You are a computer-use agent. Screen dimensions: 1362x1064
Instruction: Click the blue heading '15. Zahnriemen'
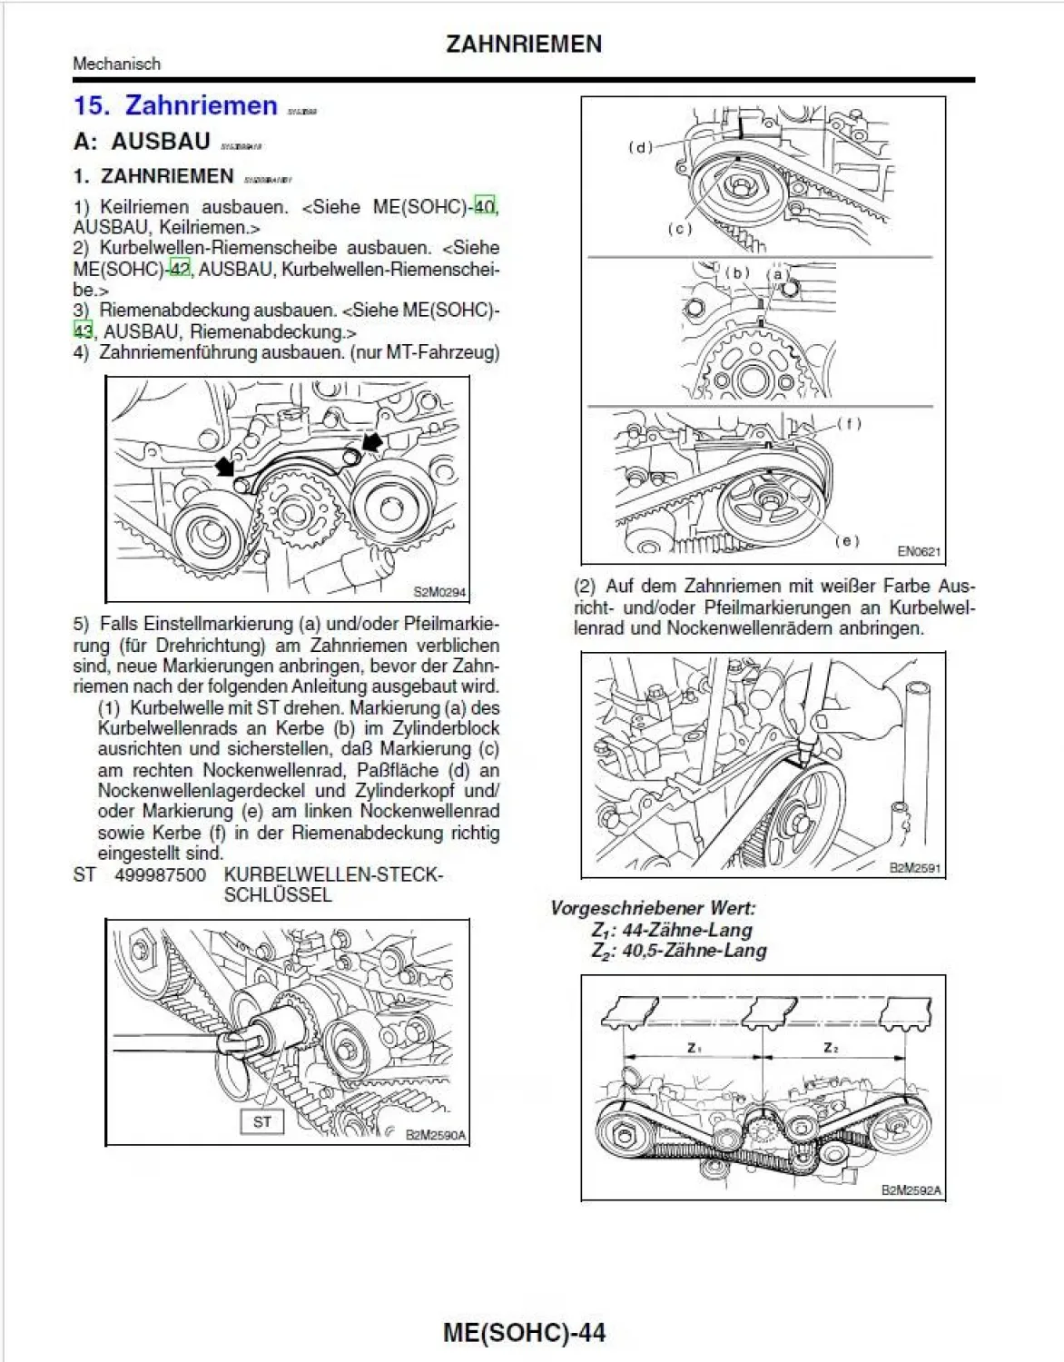coord(175,106)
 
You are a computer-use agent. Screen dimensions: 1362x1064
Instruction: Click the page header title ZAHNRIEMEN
coord(524,44)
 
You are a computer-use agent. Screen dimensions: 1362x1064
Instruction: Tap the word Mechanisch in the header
coord(116,64)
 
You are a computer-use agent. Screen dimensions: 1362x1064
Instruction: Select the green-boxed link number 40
coord(485,207)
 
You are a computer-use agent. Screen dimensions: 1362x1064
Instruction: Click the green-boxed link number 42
coord(180,270)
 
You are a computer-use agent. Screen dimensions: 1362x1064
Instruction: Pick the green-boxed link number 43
coord(84,331)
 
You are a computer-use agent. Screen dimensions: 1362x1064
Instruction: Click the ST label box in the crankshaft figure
coord(262,1122)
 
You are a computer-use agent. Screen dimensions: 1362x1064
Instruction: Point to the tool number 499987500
coord(160,875)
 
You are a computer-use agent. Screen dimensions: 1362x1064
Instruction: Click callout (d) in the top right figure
coord(641,147)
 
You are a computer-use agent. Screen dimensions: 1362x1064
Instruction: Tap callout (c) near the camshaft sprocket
coord(680,229)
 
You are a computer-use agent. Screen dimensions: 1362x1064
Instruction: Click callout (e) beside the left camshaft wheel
coord(846,540)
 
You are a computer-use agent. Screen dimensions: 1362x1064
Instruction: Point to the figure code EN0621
coord(918,551)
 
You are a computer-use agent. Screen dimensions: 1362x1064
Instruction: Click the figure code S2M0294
coord(439,592)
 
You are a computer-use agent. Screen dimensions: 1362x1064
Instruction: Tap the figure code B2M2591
coord(915,867)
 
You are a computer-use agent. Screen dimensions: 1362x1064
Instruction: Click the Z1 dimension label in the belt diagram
coord(695,1048)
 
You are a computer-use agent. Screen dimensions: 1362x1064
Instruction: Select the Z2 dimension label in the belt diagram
coord(831,1048)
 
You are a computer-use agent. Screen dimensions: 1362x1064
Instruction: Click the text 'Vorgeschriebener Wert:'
coord(653,908)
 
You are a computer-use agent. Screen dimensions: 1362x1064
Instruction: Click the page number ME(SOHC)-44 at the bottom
coord(524,1332)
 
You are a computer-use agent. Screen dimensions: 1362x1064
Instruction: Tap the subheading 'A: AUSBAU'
coord(143,143)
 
